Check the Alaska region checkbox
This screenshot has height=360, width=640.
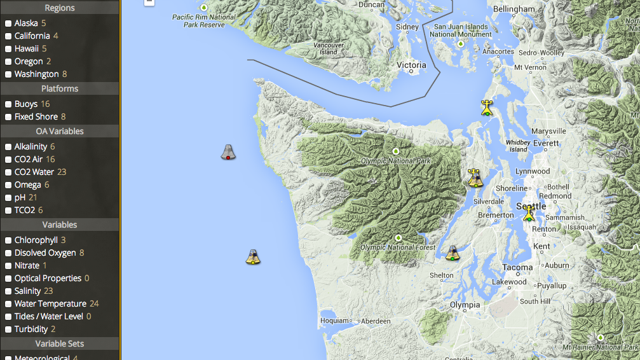(8, 24)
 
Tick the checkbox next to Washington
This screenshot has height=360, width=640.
(8, 74)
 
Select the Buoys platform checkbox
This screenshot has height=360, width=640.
(8, 104)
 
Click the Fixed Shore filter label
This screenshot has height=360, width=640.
(36, 117)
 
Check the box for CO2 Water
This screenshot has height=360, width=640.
(8, 172)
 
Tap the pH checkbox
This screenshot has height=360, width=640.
(8, 198)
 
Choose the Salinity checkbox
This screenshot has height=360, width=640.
(8, 291)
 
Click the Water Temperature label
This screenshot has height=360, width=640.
(50, 304)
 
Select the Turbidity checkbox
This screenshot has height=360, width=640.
(8, 329)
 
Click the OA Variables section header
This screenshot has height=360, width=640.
(60, 132)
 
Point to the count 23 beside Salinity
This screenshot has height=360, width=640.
(48, 291)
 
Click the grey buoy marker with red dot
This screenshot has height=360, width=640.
(228, 152)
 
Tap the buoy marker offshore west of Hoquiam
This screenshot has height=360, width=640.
(253, 257)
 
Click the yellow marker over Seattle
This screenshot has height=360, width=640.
(529, 213)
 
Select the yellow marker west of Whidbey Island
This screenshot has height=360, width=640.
(487, 107)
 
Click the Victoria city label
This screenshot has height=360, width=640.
(411, 65)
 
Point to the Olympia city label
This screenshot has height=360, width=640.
(465, 305)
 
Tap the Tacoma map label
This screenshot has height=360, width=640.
(517, 267)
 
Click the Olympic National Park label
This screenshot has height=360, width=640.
(395, 161)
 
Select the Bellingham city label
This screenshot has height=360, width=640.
(514, 9)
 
